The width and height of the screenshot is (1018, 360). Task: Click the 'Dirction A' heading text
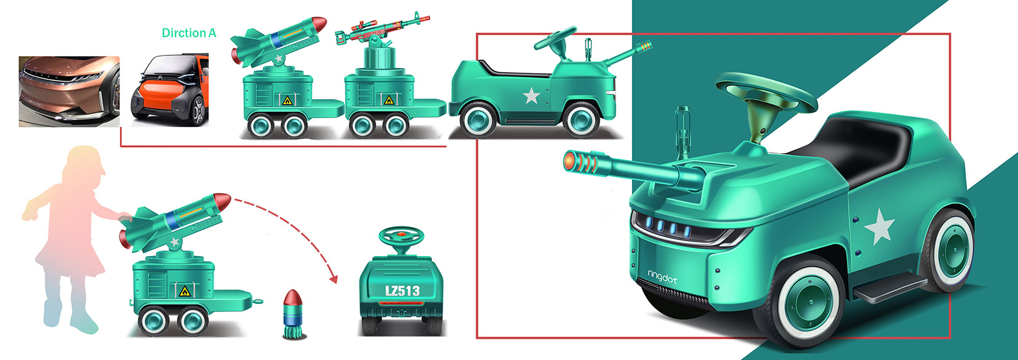(x=189, y=33)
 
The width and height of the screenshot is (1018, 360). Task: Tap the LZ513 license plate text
(x=402, y=290)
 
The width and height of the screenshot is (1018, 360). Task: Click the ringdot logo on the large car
(x=662, y=278)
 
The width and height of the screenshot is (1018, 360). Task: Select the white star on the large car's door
(x=880, y=226)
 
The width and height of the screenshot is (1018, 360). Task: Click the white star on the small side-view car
(x=531, y=95)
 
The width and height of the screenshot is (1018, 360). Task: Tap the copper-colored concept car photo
(x=69, y=91)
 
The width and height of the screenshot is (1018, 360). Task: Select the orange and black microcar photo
(x=169, y=90)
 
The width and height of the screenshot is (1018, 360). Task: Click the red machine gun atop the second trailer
(x=382, y=28)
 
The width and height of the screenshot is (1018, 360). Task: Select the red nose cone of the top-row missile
(x=319, y=24)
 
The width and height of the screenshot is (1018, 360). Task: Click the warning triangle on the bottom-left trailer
(x=183, y=290)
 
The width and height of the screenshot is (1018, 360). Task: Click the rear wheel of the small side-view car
(x=478, y=120)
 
